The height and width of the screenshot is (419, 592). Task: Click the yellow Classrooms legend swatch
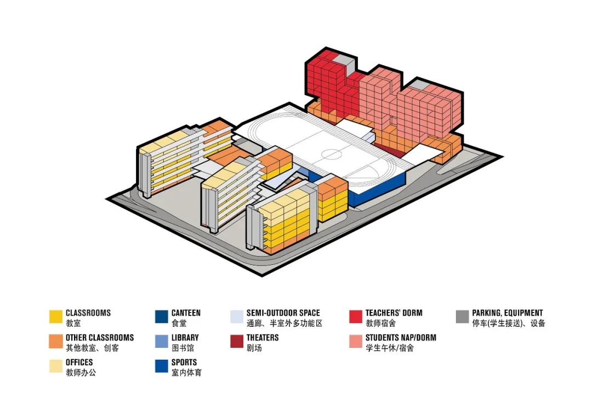[56, 317]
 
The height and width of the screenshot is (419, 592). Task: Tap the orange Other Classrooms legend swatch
[56, 342]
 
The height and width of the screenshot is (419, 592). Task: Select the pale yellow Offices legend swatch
[56, 366]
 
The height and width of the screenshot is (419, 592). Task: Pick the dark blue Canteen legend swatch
[162, 317]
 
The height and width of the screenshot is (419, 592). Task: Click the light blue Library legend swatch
[162, 342]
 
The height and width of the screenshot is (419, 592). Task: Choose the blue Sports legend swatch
[162, 366]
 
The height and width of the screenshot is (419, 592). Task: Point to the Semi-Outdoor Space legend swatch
[237, 317]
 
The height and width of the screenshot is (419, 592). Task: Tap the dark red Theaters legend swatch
[237, 342]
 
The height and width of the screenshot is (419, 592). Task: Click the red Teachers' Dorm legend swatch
[356, 317]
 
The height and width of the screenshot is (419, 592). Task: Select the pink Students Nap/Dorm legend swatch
[356, 342]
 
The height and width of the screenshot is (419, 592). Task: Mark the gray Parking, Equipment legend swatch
[463, 317]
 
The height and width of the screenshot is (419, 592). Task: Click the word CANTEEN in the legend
[186, 313]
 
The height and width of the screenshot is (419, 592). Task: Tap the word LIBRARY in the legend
[185, 338]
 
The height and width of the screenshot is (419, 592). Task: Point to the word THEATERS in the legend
[263, 338]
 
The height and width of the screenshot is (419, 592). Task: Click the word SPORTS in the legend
[184, 363]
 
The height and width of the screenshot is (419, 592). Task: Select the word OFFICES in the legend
[79, 363]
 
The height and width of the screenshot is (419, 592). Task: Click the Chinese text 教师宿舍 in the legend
[381, 324]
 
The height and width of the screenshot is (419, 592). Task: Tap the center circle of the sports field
[331, 153]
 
